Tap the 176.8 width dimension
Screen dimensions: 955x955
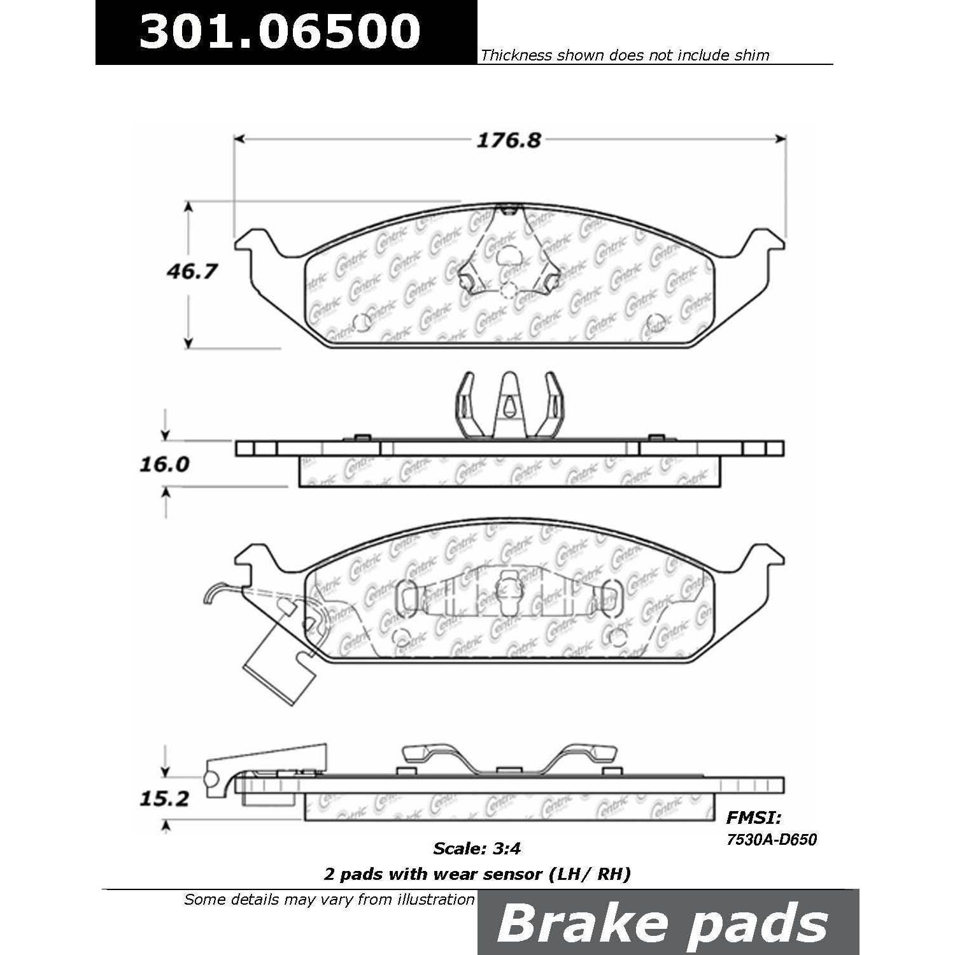pyautogui.click(x=509, y=141)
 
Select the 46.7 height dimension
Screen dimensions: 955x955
pyautogui.click(x=192, y=271)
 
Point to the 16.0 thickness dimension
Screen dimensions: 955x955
pyautogui.click(x=164, y=464)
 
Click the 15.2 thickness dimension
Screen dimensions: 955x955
pyautogui.click(x=164, y=798)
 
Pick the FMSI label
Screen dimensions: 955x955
pyautogui.click(x=753, y=818)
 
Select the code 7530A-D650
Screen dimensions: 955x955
pyautogui.click(x=772, y=840)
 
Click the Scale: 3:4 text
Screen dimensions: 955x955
pyautogui.click(x=477, y=848)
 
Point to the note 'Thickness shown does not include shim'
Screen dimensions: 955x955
pyautogui.click(x=625, y=55)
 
